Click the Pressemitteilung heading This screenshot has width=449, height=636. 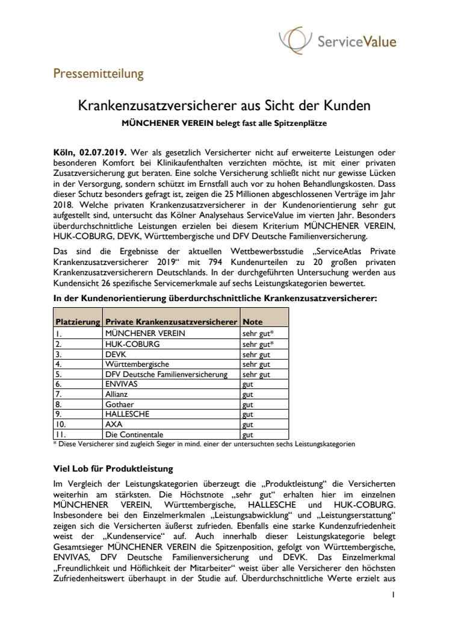98,74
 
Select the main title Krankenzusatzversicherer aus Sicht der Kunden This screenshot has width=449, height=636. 224,106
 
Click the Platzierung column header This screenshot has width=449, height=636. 78,322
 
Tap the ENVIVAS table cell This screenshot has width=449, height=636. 122,383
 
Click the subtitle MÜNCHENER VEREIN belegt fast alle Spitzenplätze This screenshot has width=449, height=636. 224,124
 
